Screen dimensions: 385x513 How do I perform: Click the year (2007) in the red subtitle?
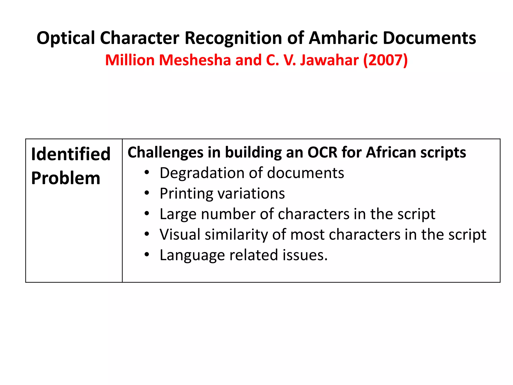[385, 60]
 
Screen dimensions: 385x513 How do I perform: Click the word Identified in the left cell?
[71, 154]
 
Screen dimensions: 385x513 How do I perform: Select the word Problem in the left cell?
[66, 178]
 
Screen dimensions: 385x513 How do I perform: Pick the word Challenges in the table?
[165, 152]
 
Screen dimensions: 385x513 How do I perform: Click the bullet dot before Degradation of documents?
[147, 173]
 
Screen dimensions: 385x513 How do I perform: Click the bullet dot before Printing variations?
[147, 193]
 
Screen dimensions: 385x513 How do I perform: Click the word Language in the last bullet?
[192, 255]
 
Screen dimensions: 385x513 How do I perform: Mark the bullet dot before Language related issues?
[147, 255]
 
